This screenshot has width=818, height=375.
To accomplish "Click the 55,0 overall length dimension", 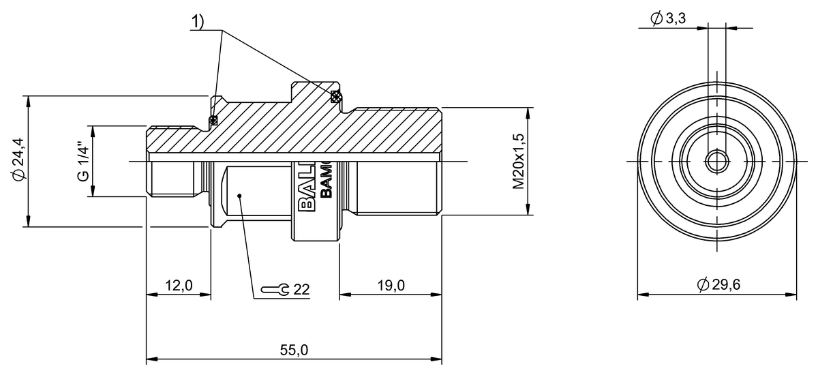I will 294,350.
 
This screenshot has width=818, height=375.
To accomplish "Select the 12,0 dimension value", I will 179,285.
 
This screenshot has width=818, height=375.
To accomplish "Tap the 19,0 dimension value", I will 391,285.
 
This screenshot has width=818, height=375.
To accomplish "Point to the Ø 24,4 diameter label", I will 19,160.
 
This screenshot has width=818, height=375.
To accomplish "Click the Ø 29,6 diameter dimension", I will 718,285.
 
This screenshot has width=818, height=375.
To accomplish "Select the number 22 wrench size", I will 302,289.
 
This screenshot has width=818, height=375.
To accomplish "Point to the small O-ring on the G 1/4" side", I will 213,121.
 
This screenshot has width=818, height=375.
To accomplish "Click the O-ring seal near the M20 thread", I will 335,97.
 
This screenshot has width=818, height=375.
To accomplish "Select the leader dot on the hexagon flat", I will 239,196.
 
